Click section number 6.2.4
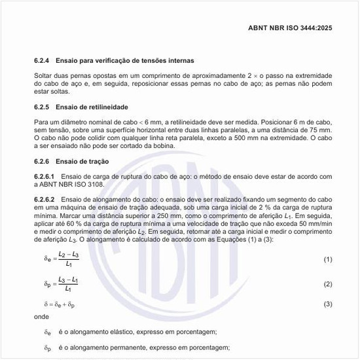(x=44, y=60)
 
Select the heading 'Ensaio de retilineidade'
(x=92, y=106)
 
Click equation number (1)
(x=328, y=260)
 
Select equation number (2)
(x=328, y=285)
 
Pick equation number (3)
(x=328, y=304)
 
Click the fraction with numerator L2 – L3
(x=68, y=259)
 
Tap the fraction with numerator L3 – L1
(x=68, y=284)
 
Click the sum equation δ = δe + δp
(x=60, y=304)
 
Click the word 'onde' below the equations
(x=41, y=316)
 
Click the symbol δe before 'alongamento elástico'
(x=47, y=332)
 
